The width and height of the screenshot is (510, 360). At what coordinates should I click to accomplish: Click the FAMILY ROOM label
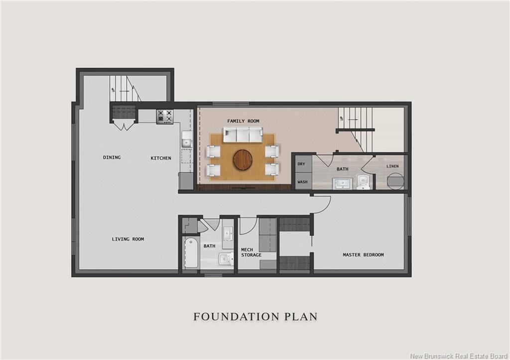[243, 121]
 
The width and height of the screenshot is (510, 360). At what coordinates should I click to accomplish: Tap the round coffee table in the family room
[243, 159]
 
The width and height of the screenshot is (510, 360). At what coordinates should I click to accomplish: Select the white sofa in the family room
[243, 134]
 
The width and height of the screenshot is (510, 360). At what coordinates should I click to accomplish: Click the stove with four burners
[164, 117]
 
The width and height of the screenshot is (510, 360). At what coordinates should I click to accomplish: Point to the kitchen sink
[186, 139]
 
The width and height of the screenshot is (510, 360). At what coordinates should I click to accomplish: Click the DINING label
[112, 157]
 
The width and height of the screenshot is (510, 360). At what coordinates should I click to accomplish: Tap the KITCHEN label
[161, 158]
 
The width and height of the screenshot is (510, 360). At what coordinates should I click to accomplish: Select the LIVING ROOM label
[128, 239]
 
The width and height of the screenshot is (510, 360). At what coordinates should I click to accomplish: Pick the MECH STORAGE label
[251, 252]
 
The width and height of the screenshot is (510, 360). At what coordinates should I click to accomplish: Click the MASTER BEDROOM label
[363, 254]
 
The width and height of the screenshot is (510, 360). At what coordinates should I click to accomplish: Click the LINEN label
[392, 166]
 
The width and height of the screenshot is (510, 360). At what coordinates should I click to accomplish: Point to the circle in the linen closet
[395, 180]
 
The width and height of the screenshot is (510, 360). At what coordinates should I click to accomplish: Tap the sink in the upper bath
[342, 184]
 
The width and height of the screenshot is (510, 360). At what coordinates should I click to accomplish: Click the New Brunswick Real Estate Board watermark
[459, 356]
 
